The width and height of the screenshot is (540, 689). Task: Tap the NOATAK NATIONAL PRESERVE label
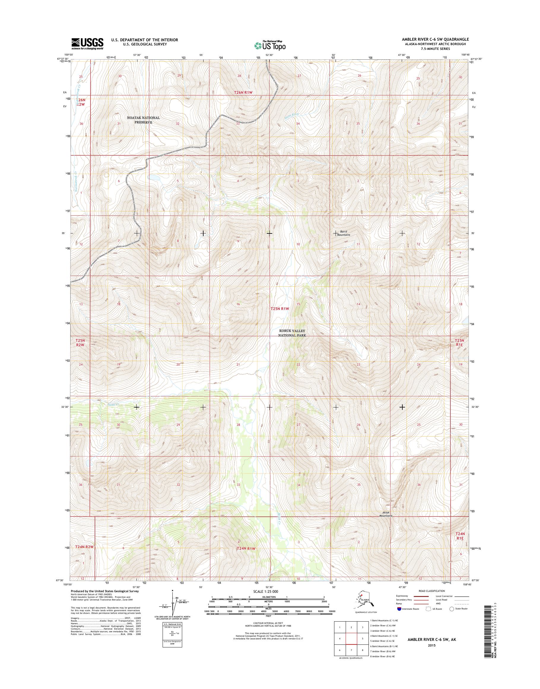143,120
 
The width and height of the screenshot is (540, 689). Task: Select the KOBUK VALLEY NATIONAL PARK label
292,333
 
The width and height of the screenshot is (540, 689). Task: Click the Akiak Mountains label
386,514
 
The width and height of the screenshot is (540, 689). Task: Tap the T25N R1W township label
280,308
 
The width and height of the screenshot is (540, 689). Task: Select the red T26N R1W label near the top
243,92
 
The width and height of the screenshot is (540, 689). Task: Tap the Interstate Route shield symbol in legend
399,609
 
